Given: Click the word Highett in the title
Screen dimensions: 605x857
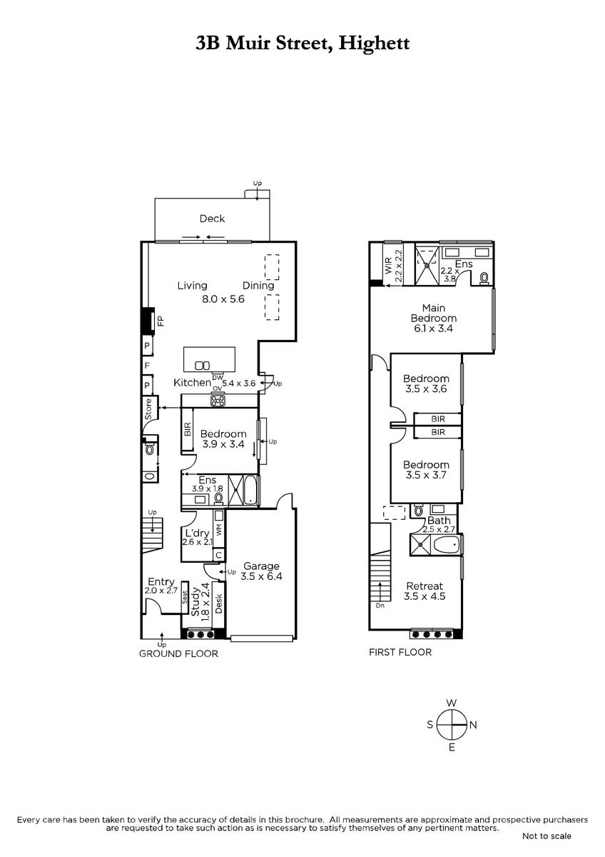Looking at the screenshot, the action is pyautogui.click(x=374, y=44).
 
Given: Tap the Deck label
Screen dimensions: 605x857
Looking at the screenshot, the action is pyautogui.click(x=212, y=219).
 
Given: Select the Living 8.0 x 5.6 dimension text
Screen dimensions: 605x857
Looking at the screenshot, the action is pyautogui.click(x=223, y=299).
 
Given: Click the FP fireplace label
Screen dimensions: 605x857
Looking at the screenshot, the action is pyautogui.click(x=161, y=321).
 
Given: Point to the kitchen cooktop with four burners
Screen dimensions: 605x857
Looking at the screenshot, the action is pyautogui.click(x=218, y=400).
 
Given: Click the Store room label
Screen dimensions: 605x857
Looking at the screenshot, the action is pyautogui.click(x=148, y=409).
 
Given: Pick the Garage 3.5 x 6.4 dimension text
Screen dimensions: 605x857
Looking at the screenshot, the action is pyautogui.click(x=261, y=576).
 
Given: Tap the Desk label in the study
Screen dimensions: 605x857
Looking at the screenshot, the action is pyautogui.click(x=218, y=603).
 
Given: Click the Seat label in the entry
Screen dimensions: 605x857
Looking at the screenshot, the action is pyautogui.click(x=185, y=598).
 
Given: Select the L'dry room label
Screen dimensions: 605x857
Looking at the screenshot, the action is pyautogui.click(x=197, y=533).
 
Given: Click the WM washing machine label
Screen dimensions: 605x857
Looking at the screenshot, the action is pyautogui.click(x=219, y=530).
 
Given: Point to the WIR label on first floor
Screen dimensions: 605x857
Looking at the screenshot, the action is pyautogui.click(x=389, y=266).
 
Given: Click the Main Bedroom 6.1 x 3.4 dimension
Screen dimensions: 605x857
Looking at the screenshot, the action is pyautogui.click(x=433, y=328).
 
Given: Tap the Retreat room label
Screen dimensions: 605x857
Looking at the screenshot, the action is pyautogui.click(x=424, y=586).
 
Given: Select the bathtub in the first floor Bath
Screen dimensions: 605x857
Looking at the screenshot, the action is pyautogui.click(x=445, y=545).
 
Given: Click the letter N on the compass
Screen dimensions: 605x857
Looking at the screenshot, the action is pyautogui.click(x=473, y=725).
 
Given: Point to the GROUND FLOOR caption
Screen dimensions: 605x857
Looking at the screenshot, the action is pyautogui.click(x=178, y=653).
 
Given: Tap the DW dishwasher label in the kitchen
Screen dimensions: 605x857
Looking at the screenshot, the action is pyautogui.click(x=218, y=378).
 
